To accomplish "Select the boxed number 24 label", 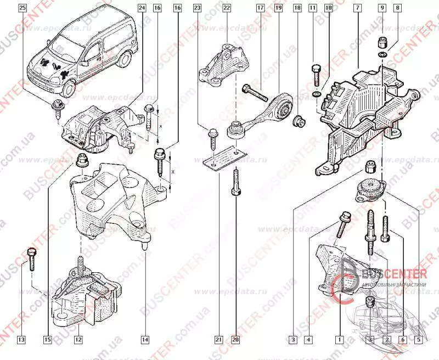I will tap(142, 8).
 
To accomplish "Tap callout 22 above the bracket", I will tap(227, 8).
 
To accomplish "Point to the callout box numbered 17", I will tap(260, 8).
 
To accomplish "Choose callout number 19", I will tap(278, 8).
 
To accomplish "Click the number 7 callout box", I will tap(357, 8).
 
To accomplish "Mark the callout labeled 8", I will tap(398, 8).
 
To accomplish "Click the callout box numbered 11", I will tap(313, 8).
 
